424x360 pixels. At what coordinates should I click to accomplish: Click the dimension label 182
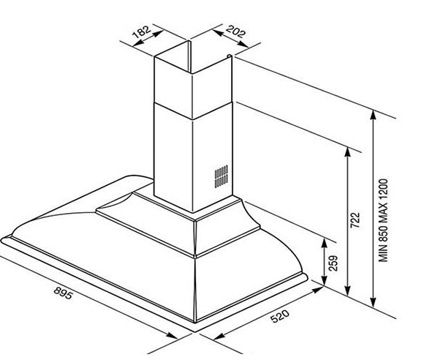[141, 31]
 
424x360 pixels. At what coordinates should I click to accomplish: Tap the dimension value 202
[236, 31]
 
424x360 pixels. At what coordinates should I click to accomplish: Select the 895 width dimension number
[64, 293]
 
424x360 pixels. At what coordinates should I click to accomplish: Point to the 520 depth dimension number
[280, 316]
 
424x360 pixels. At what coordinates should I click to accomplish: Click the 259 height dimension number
[333, 263]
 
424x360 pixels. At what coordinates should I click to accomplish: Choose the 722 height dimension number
[355, 220]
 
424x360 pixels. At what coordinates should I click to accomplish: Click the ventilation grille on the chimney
[221, 176]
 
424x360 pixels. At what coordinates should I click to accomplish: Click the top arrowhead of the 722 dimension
[348, 152]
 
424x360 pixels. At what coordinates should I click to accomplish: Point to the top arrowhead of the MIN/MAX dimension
[373, 116]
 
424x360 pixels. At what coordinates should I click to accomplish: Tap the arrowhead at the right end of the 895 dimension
[172, 336]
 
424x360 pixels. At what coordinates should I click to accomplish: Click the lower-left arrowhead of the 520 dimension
[219, 336]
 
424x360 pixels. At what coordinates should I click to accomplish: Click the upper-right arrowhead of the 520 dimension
[318, 290]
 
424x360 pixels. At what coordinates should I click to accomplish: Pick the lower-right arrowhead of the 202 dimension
[243, 44]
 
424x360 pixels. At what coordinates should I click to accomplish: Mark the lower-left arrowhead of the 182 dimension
[138, 42]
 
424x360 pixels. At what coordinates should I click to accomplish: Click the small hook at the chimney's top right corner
[230, 56]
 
